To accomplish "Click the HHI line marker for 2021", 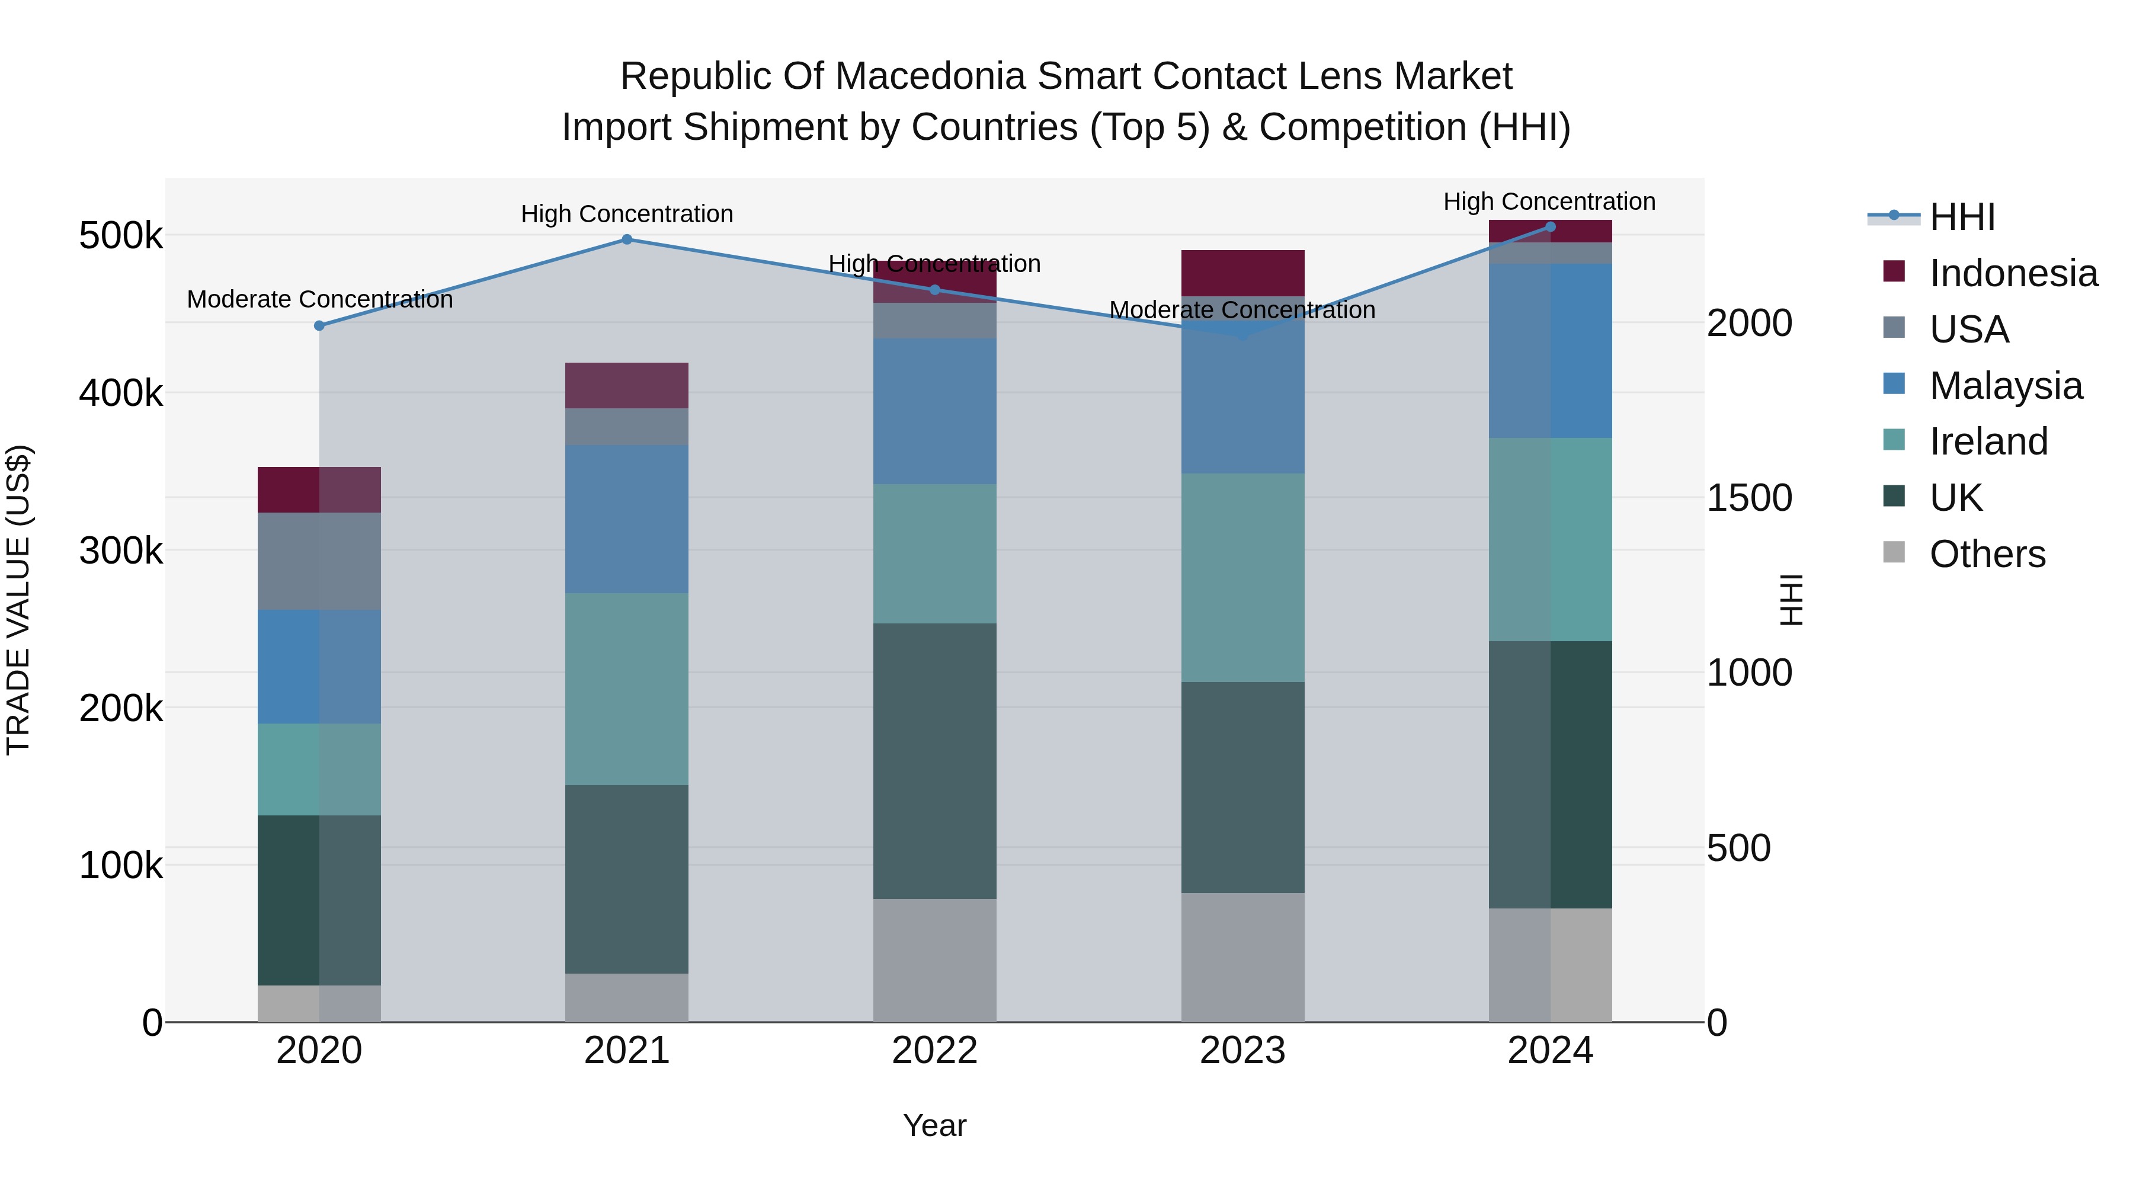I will tap(627, 239).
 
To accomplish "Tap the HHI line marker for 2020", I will tap(319, 325).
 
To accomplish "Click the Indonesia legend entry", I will tap(2012, 273).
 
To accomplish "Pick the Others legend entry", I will tap(1987, 554).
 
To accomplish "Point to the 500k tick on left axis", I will tap(121, 236).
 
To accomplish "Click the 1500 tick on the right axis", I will tap(1749, 498).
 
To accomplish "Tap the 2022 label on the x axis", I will tap(935, 1051).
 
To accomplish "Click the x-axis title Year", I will tap(935, 1125).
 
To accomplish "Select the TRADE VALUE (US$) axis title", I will tap(18, 600).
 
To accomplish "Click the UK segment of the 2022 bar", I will tap(935, 760).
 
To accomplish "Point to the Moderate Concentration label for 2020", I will tap(319, 299).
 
